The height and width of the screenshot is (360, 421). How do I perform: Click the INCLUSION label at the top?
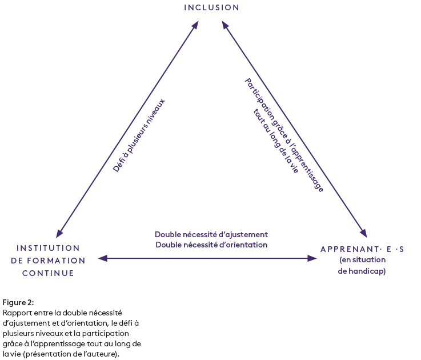(x=211, y=7)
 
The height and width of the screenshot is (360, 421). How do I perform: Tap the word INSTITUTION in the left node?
(x=49, y=248)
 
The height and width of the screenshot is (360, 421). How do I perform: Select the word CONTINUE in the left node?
(x=49, y=273)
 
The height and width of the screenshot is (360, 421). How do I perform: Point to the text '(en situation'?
(x=362, y=261)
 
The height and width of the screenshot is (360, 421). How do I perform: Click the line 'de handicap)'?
(x=362, y=271)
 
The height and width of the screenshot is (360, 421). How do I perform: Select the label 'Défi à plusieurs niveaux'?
(x=139, y=135)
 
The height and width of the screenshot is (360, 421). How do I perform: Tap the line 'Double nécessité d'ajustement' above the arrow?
(x=211, y=234)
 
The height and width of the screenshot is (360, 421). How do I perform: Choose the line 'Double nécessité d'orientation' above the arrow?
(x=211, y=245)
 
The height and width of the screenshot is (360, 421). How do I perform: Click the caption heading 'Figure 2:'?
(x=18, y=302)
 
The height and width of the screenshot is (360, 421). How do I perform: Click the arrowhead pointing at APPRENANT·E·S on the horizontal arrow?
(x=312, y=258)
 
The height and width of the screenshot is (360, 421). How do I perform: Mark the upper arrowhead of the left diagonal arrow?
(x=195, y=25)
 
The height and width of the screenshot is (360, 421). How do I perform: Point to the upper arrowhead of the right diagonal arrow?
(x=225, y=26)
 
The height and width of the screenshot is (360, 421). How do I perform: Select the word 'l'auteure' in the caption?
(x=102, y=354)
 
